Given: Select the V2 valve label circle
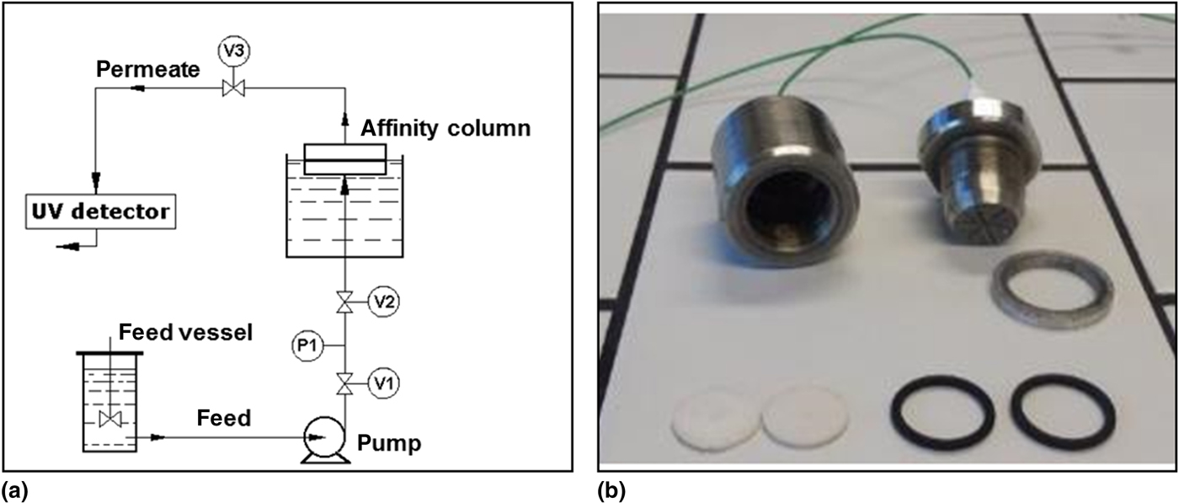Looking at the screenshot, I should (x=383, y=301).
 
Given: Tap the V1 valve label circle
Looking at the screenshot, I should (x=383, y=385).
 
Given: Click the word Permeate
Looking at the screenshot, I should (x=147, y=69).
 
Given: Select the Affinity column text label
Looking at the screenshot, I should (x=445, y=128).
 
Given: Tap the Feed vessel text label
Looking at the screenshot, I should (x=185, y=332).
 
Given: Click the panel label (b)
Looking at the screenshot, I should (x=611, y=490).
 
